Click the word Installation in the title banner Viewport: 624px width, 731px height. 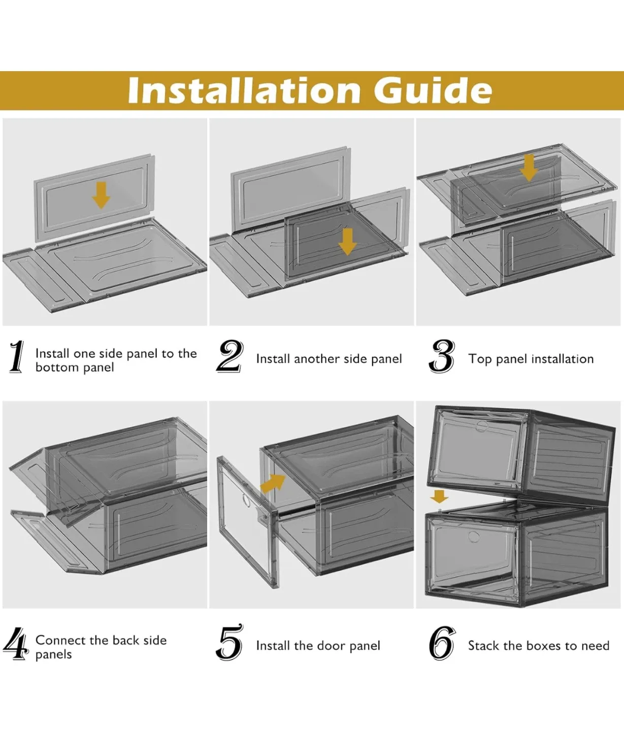point(244,90)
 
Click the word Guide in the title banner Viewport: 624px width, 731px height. point(433,90)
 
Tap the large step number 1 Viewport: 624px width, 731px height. point(17,357)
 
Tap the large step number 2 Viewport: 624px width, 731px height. point(230,356)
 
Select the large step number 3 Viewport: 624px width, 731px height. point(442,356)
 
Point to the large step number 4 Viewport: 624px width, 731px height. point(16,643)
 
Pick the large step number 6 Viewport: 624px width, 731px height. point(442,643)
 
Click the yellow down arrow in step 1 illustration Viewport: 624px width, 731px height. point(101,195)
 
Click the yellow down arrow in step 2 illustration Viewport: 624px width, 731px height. point(347,241)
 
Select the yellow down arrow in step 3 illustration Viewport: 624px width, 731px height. point(529,168)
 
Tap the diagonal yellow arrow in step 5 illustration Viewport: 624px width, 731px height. point(273,483)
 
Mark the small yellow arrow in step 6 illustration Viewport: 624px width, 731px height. point(439,496)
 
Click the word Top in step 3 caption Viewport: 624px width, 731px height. point(480,359)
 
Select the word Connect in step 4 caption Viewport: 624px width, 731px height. point(60,640)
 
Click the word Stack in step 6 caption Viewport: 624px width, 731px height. point(484,646)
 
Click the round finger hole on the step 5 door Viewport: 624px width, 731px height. point(247,501)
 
